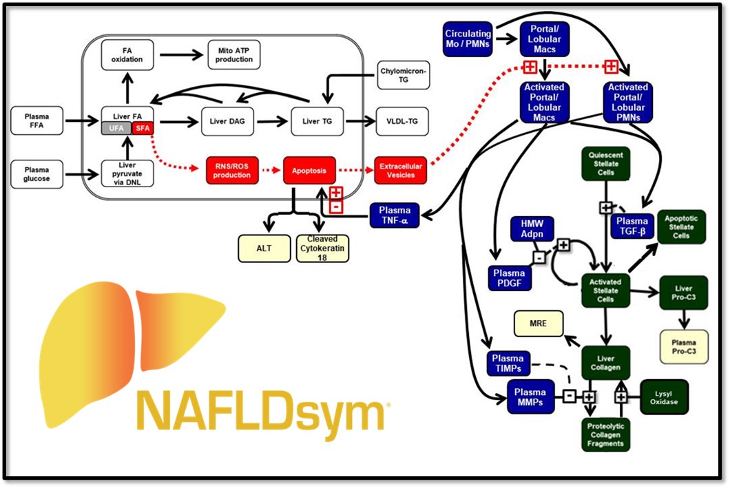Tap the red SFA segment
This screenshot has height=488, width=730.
pos(141,129)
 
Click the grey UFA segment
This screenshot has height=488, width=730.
pos(116,129)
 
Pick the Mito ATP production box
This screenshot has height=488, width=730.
pos(233,54)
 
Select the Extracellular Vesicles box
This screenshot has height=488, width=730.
pos(400,170)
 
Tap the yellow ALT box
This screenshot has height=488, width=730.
pos(263,248)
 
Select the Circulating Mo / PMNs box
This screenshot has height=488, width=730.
pos(468,38)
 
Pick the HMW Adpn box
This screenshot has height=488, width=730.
pos(531,228)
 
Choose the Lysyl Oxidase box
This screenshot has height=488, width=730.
pos(664,396)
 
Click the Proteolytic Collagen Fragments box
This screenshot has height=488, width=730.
pos(605,435)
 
